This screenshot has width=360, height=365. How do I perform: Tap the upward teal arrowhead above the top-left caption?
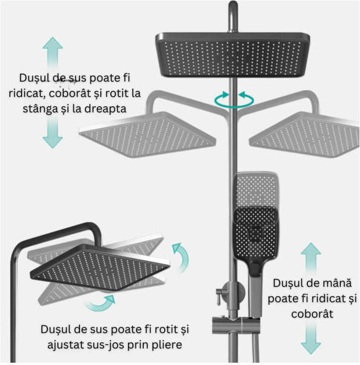pos(52,43)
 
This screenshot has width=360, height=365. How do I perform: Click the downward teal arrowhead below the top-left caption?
pos(52,142)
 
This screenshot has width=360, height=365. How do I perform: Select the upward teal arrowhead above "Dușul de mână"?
pos(311,249)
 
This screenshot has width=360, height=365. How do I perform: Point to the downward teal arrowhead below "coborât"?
pos(311,349)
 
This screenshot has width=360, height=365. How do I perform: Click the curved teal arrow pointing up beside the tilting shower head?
pos(181,257)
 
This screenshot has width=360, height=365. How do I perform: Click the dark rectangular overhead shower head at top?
pos(233,55)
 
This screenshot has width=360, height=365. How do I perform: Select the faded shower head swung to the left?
pos(147,134)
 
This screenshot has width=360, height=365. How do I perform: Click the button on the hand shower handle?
pos(256,269)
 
